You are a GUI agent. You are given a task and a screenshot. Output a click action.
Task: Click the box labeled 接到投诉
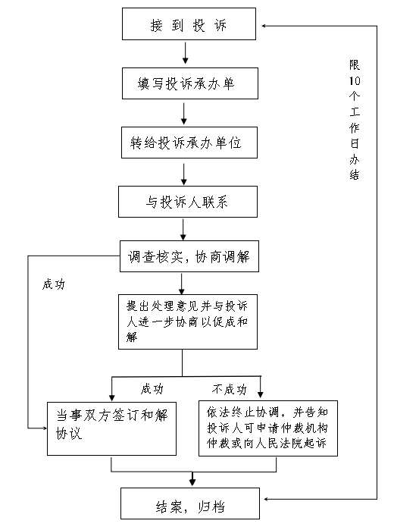point(189,24)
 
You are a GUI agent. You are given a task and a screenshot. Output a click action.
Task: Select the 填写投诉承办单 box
point(189,83)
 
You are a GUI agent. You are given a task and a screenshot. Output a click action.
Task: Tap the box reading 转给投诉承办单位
point(189,143)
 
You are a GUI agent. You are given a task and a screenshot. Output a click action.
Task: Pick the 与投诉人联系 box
point(188,202)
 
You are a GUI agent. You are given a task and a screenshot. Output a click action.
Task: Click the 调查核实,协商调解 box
point(189,256)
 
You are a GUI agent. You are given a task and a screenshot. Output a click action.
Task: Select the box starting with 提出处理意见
point(188,322)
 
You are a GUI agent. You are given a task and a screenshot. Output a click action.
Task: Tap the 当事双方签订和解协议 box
point(111,429)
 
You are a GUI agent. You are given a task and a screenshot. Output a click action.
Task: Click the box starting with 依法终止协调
point(268,428)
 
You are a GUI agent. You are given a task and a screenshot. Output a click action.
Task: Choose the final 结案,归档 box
point(190,503)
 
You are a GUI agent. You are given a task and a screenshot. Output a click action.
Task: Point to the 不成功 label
point(230,389)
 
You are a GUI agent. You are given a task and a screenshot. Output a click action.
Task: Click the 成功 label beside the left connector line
point(53,284)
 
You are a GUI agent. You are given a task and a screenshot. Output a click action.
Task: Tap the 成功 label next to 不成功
point(152,389)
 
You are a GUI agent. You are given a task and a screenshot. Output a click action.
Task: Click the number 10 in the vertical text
point(355,80)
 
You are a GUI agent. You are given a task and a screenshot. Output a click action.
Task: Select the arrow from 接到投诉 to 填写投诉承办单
point(185,53)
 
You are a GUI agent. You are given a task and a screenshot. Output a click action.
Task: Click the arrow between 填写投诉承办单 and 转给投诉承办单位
point(183,114)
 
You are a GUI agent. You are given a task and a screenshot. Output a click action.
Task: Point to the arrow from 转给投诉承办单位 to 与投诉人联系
point(183,174)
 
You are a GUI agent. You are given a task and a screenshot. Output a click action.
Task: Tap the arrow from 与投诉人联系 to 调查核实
point(183,230)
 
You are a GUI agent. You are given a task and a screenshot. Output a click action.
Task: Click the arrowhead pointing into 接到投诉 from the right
point(264,26)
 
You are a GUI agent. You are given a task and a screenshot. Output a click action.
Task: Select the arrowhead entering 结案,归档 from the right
point(267,499)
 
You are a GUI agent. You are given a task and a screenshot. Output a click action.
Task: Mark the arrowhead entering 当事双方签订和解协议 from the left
point(45,428)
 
